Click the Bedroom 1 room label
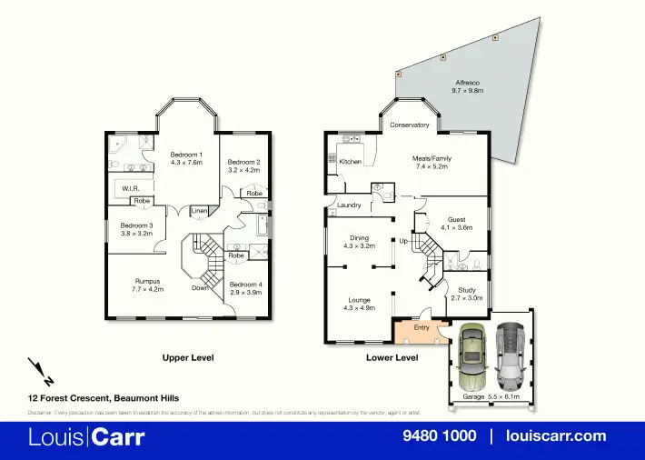click(x=186, y=155)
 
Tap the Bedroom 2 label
click(x=243, y=163)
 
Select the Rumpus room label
click(x=148, y=281)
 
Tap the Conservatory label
click(x=409, y=125)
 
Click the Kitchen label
click(x=351, y=161)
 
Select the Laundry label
click(x=349, y=205)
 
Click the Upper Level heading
click(x=187, y=357)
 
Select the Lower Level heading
click(x=392, y=357)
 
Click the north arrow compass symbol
click(x=40, y=372)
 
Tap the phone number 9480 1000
click(x=439, y=435)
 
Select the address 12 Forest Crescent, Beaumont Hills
click(x=103, y=398)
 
